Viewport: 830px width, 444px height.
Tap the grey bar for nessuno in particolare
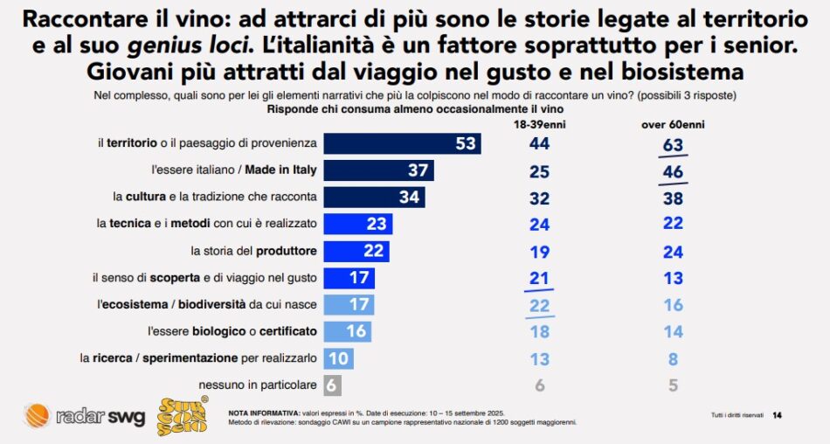click(x=332, y=385)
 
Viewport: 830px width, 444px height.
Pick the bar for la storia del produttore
click(x=356, y=251)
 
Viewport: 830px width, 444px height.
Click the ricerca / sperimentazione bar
click(x=339, y=358)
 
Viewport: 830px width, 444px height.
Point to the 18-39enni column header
click(x=539, y=124)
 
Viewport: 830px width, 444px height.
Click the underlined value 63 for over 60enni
click(x=672, y=143)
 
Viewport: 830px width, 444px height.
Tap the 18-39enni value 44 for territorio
click(x=539, y=143)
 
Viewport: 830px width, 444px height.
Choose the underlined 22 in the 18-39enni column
click(x=539, y=305)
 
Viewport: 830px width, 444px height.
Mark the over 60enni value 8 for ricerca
click(x=672, y=358)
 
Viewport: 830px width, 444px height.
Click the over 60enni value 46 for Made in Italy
click(x=672, y=171)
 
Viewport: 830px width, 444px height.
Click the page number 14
click(x=777, y=415)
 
